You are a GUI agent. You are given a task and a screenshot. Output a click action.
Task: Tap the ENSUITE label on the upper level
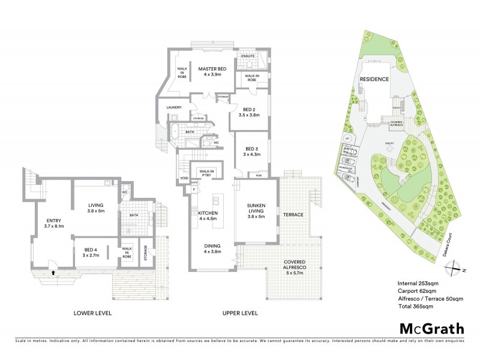(x=248, y=56)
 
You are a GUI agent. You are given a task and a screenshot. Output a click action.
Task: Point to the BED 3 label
(x=247, y=149)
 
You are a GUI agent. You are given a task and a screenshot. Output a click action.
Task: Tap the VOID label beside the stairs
(x=183, y=179)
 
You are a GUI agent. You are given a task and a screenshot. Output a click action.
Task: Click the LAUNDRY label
(x=166, y=108)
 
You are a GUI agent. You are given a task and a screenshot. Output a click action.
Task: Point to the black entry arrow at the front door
(x=53, y=272)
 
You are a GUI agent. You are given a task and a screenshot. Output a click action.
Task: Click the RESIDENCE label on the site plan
(x=374, y=79)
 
